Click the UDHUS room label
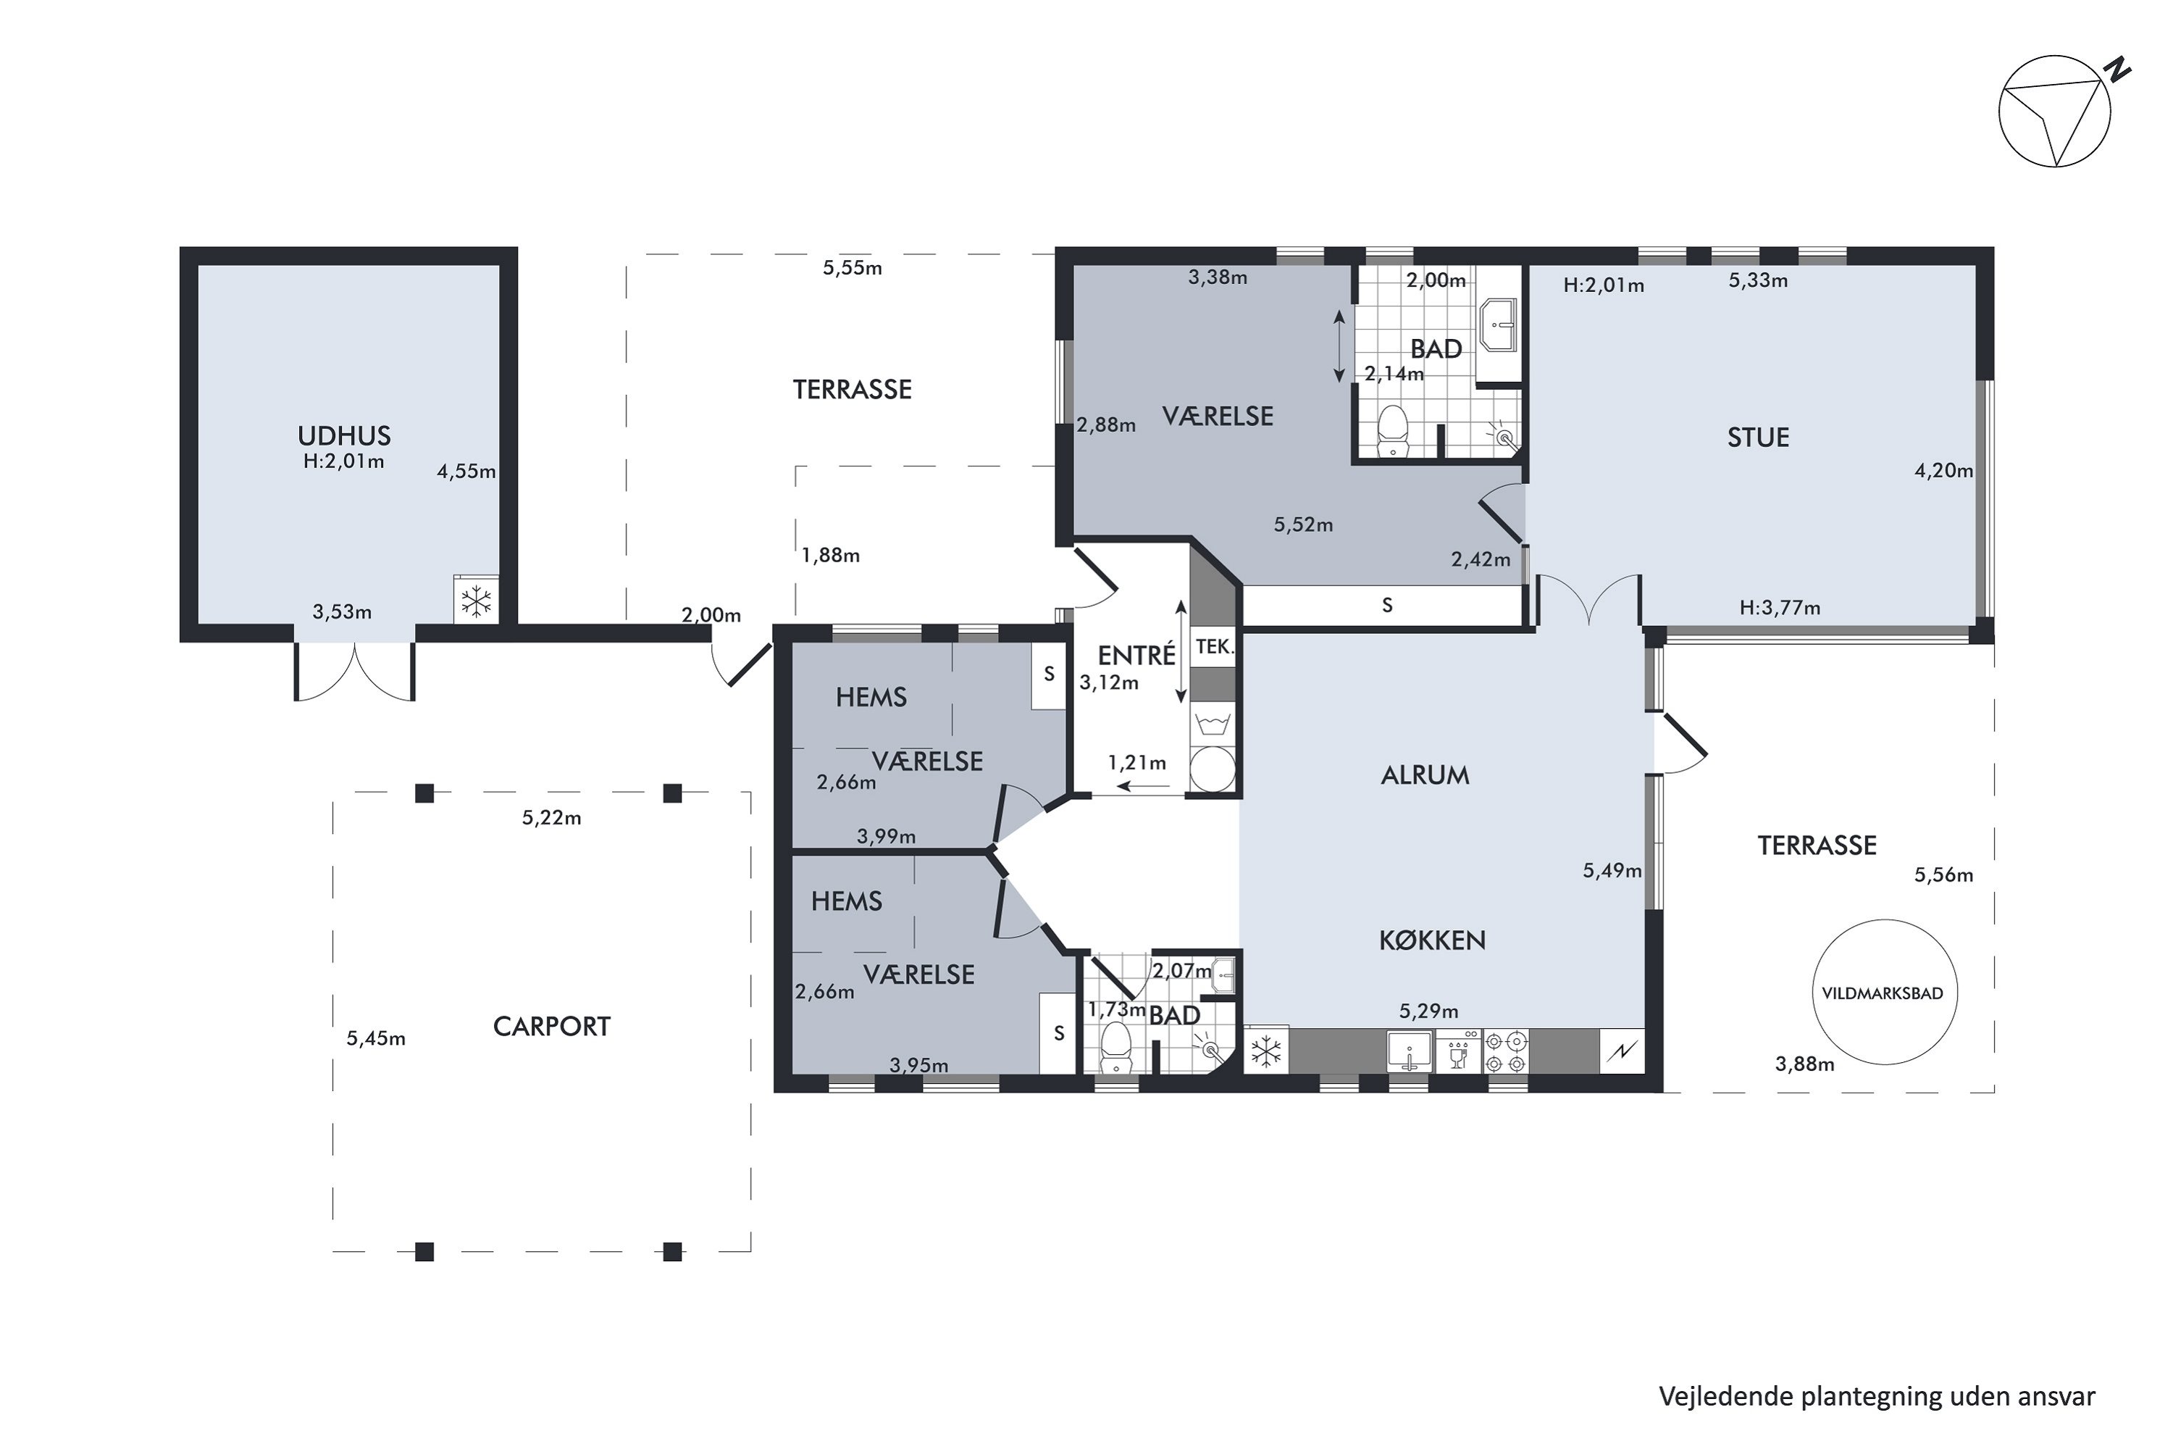coord(343,435)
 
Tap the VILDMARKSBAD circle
coord(1884,920)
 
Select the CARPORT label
coord(551,1027)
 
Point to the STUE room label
coord(1758,437)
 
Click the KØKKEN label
coord(1432,940)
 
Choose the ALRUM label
coord(1425,775)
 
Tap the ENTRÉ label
coord(1136,654)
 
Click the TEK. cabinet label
coord(1214,647)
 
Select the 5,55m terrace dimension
coord(852,268)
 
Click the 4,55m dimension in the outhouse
coord(466,472)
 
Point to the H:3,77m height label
coord(1780,607)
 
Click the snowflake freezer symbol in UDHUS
coord(476,601)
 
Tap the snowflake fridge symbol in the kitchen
coord(1265,1051)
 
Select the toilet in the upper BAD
coord(1391,432)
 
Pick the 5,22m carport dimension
coord(551,818)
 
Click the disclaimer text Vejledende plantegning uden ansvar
coord(1877,1395)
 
